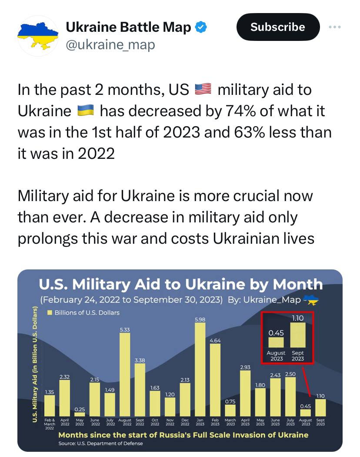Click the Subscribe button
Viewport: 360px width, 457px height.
point(278,27)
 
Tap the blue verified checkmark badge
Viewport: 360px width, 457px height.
point(200,27)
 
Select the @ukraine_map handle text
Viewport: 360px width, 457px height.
point(110,44)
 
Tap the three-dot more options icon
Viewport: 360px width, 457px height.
point(335,27)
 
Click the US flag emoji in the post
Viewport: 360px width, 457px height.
point(203,90)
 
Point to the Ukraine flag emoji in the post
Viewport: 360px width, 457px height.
point(86,111)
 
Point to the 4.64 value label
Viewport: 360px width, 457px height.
point(215,340)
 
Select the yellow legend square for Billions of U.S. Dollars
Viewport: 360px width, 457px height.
point(50,313)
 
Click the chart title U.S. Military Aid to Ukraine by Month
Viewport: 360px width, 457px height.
point(180,285)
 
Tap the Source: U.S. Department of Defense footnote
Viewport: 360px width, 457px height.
point(100,444)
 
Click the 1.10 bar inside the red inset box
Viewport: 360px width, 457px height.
point(298,335)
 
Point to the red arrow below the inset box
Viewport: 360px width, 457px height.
point(307,380)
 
